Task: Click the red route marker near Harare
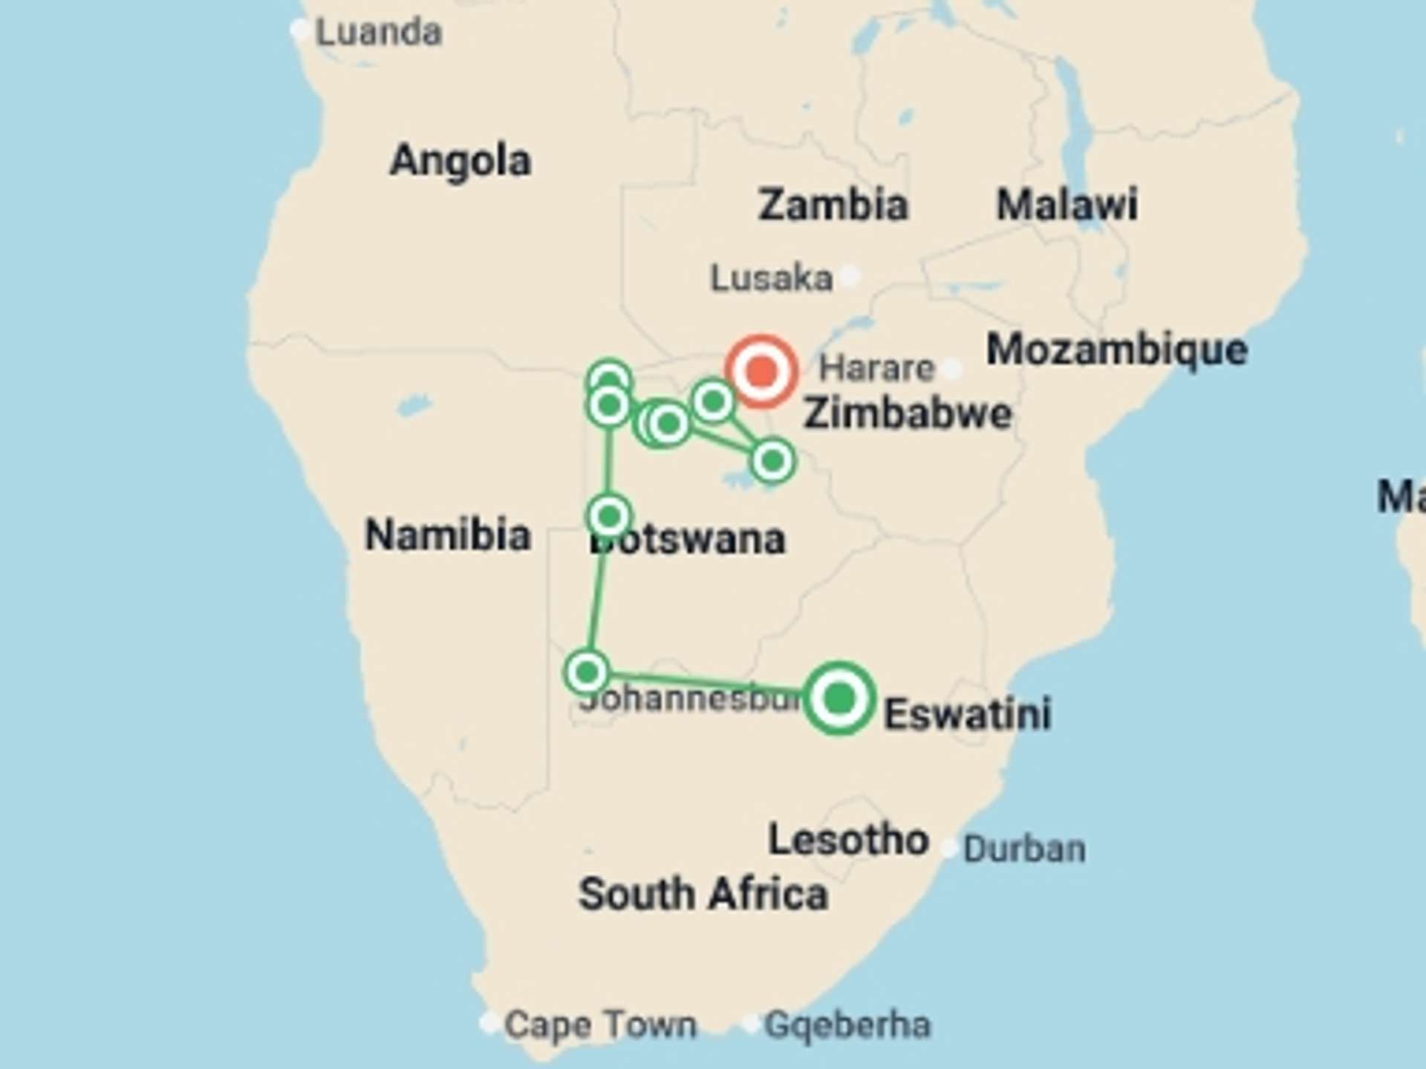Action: [761, 370]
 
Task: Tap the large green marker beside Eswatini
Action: [839, 698]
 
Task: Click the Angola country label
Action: [460, 160]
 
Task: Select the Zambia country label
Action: [833, 205]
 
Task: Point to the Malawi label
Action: [1067, 205]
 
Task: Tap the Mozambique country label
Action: [1116, 349]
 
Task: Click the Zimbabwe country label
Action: [908, 413]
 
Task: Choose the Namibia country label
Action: [448, 534]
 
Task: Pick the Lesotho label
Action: [848, 840]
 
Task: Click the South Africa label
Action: [703, 894]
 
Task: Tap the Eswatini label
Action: [968, 714]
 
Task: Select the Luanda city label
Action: [379, 33]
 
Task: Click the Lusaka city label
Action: [771, 278]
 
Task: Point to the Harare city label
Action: [876, 368]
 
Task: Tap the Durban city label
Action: [1024, 849]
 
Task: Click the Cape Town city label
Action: [600, 1025]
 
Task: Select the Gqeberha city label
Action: [847, 1025]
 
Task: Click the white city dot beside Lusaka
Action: [851, 276]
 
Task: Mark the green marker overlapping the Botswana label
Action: [609, 515]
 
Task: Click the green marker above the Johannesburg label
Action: [587, 673]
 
